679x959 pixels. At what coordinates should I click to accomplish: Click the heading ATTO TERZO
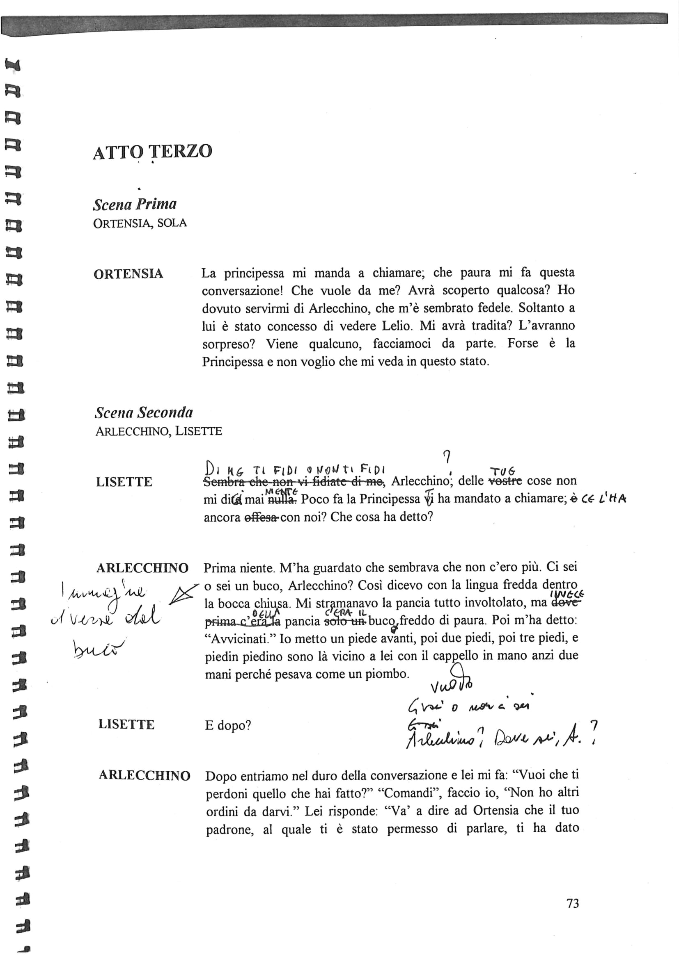[153, 152]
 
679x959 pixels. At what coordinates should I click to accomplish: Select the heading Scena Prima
[135, 204]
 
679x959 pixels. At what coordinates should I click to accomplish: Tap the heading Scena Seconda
[144, 413]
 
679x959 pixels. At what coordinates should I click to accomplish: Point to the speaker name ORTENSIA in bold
[128, 274]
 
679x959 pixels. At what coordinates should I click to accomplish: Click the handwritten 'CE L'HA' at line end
[604, 499]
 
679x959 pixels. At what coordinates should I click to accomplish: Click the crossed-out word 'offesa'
[261, 517]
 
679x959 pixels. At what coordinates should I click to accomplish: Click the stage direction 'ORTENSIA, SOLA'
[140, 223]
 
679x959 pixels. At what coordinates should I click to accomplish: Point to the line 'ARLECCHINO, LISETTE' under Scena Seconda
[158, 431]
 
